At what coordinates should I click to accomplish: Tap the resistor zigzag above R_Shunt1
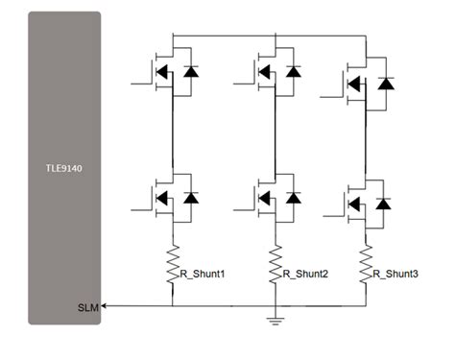click(x=173, y=259)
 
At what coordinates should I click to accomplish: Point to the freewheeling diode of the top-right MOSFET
click(x=386, y=84)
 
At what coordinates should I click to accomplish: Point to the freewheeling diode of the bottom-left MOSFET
click(x=189, y=198)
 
